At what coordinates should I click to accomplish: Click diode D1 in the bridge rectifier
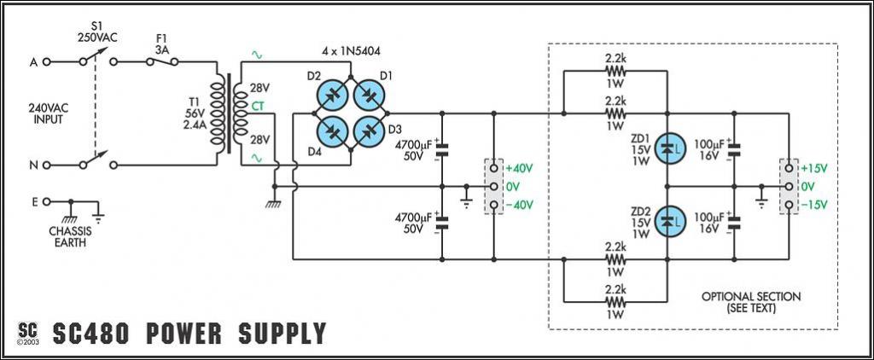[x=369, y=96]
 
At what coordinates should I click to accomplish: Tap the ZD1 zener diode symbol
[x=668, y=148]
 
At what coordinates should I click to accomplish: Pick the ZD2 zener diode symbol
[x=668, y=221]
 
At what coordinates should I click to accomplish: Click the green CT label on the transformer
[x=258, y=106]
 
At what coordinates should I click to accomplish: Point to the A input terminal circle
[x=46, y=62]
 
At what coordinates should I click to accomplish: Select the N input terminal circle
[x=46, y=165]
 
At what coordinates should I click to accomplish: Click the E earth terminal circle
[x=46, y=201]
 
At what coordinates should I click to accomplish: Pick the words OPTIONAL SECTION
[x=751, y=297]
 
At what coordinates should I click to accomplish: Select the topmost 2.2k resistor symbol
[x=615, y=71]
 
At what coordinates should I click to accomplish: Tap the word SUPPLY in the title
[x=282, y=334]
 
